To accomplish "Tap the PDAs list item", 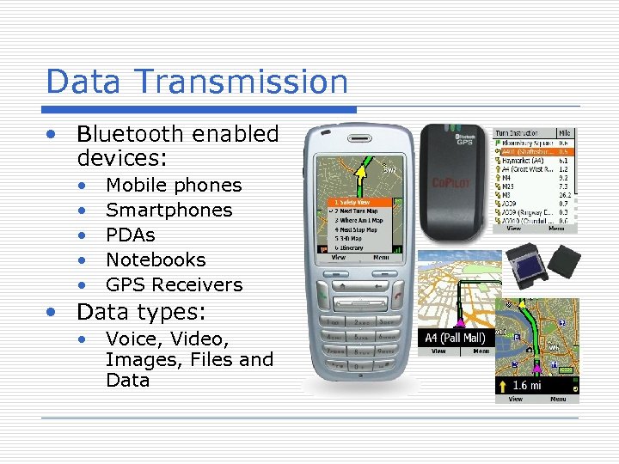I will (x=131, y=235).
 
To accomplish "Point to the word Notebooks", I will (x=156, y=259).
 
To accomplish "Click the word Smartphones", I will (x=169, y=210).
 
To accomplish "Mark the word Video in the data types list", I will (x=199, y=339).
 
